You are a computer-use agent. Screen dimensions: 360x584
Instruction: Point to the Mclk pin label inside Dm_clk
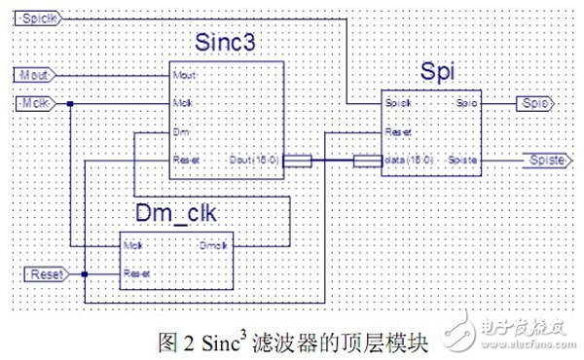(x=134, y=245)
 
